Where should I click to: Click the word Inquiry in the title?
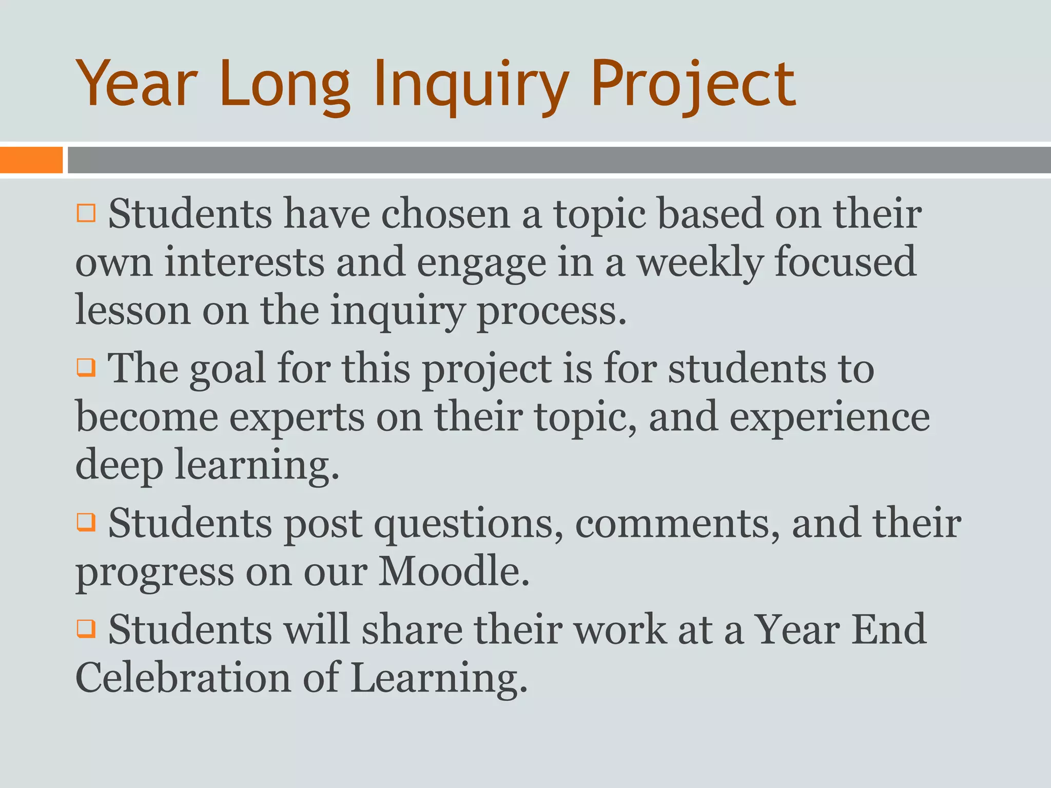(471, 85)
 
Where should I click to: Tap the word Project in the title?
(693, 85)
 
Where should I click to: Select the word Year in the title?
(137, 85)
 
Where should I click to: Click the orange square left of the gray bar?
(31, 160)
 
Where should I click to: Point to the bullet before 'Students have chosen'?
(86, 213)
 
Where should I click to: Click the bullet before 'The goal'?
(86, 367)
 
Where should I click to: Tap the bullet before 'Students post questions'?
(86, 523)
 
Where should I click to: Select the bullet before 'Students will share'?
(86, 628)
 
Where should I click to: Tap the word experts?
(297, 417)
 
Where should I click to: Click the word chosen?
(445, 214)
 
